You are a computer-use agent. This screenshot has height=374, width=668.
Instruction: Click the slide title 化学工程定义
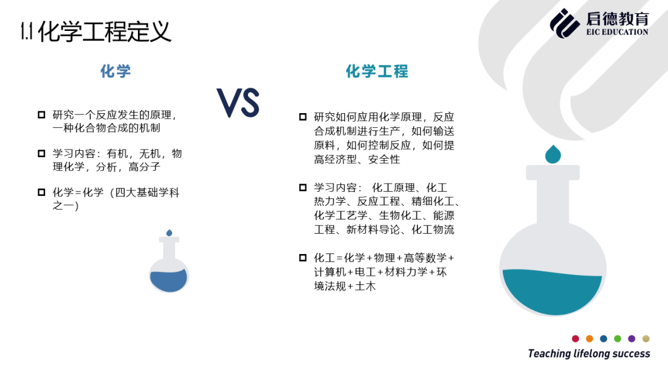pos(105,32)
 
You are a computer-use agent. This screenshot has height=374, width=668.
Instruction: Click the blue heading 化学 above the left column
pos(116,71)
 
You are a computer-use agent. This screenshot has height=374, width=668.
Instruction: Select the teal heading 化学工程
pos(377,71)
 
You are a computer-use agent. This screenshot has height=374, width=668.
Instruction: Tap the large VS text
pos(238,103)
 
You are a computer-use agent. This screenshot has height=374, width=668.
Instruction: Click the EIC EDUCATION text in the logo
pos(617,32)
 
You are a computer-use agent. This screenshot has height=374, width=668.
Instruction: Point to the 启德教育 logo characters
pos(617,19)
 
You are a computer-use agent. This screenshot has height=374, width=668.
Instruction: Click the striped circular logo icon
pos(565,23)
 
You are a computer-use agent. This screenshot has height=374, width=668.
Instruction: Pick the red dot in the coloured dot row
pos(576,339)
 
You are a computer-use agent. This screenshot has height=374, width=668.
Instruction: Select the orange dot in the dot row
pos(589,339)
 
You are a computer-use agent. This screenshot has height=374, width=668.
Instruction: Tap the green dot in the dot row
pos(618,339)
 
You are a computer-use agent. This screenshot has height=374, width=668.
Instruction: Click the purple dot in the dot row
pos(632,339)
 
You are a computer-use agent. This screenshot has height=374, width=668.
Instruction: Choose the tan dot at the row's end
pos(646,339)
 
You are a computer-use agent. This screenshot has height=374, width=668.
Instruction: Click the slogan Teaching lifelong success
pos(589,354)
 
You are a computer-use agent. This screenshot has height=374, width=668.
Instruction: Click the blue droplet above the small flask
pos(169,232)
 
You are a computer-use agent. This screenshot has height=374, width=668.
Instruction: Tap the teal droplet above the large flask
pos(553,154)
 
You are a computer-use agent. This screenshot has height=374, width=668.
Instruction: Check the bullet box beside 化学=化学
pos(41,192)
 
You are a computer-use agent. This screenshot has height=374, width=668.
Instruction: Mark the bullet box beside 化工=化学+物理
pos(303,258)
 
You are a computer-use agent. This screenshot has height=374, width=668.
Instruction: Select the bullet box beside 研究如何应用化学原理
pos(303,117)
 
